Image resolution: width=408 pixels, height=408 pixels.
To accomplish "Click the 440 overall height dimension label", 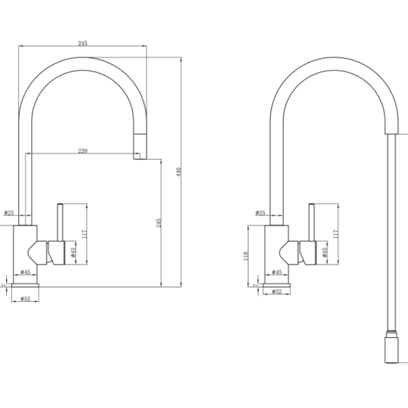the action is tap(178, 172).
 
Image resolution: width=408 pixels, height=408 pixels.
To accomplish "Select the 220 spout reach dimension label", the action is tap(83, 151).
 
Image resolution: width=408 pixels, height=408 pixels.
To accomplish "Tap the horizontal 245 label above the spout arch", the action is tap(83, 44).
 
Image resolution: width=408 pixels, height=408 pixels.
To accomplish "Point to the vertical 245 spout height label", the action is tap(158, 223).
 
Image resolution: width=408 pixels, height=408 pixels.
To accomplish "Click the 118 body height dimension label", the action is tap(245, 256).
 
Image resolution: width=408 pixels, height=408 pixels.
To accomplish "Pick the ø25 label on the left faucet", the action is tap(9, 213).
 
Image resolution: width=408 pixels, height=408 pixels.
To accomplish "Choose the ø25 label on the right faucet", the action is tap(260, 213).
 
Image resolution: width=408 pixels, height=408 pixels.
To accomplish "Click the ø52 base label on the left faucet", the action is tap(25, 299).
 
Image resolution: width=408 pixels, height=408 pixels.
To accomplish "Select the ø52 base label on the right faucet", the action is tap(277, 292).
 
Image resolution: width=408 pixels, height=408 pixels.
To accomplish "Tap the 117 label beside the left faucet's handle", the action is tap(84, 234).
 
